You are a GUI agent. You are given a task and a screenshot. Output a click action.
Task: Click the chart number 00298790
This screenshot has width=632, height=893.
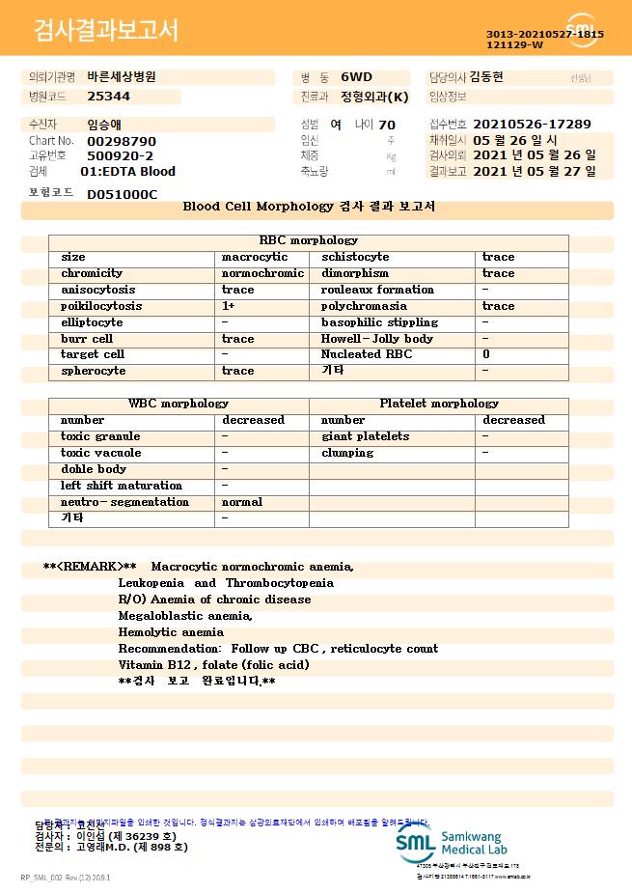[122, 141]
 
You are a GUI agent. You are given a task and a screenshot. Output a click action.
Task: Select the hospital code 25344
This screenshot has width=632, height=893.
[108, 97]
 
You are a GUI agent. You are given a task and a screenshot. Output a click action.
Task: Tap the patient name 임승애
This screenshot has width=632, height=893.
[105, 125]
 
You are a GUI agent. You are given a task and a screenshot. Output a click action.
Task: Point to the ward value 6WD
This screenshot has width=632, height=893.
[356, 76]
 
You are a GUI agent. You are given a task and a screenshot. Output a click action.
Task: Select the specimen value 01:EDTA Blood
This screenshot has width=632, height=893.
[128, 172]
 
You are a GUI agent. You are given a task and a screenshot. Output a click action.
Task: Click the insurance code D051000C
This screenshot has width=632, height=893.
[122, 194]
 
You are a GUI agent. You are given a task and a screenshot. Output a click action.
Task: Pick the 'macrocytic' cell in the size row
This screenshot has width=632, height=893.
[255, 257]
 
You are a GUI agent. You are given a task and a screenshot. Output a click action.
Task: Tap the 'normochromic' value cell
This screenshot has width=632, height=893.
[262, 273]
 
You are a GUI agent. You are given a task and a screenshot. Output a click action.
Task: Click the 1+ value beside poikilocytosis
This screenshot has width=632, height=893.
[230, 306]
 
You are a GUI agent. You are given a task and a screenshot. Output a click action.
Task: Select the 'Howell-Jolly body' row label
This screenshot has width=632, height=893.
[377, 339]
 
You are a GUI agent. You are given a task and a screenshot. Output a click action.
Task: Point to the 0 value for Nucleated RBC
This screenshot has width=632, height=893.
[486, 354]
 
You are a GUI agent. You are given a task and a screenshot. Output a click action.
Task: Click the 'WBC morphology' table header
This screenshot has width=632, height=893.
[179, 404]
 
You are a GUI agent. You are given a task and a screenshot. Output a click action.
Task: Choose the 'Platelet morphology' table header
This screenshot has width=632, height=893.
[439, 404]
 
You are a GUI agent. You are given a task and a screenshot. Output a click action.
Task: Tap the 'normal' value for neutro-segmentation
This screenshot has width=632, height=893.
[242, 502]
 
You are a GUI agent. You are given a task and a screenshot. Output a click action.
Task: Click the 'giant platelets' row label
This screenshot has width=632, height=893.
[365, 436]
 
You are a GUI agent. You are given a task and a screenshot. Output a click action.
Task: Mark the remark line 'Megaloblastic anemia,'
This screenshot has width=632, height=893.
[185, 616]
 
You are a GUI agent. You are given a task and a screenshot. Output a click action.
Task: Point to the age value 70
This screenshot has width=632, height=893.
[387, 125]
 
